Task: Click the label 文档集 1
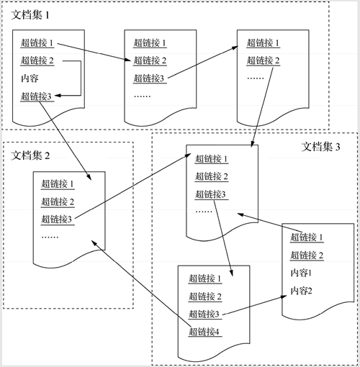pyautogui.click(x=30, y=15)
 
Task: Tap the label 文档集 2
pyautogui.click(x=30, y=155)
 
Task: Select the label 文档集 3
pyautogui.click(x=320, y=147)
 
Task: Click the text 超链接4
pyautogui.click(x=204, y=332)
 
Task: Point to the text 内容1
pyautogui.click(x=301, y=273)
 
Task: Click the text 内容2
pyautogui.click(x=301, y=291)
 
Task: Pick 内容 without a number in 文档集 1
pyautogui.click(x=30, y=78)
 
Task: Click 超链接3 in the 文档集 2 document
pyautogui.click(x=56, y=219)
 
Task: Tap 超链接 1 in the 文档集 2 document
pyautogui.click(x=57, y=184)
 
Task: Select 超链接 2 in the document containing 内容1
pyautogui.click(x=307, y=255)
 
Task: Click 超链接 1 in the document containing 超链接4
pyautogui.click(x=204, y=278)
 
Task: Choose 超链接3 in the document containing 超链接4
pyautogui.click(x=204, y=314)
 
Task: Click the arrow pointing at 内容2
pyautogui.click(x=255, y=305)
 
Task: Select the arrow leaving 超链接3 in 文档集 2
pyautogui.click(x=133, y=186)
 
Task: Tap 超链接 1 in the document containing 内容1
pyautogui.click(x=307, y=237)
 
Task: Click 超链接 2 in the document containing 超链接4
pyautogui.click(x=205, y=296)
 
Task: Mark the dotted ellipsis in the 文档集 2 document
pyautogui.click(x=50, y=237)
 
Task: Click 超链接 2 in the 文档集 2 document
pyautogui.click(x=58, y=201)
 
